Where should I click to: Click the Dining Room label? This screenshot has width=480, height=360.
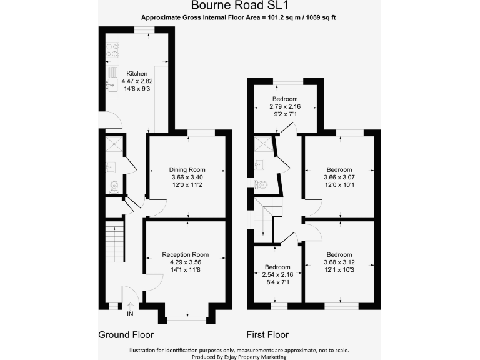point(187,169)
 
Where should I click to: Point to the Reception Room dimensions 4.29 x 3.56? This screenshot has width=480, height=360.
point(185,262)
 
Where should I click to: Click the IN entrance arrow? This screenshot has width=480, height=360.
point(131,313)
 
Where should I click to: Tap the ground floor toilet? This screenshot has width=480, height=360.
point(113,185)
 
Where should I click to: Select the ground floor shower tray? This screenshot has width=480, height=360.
point(112,145)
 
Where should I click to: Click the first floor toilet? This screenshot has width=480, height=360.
point(262,184)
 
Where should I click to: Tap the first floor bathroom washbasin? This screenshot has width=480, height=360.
point(261,164)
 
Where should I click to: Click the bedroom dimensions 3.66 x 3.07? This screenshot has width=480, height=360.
point(339,177)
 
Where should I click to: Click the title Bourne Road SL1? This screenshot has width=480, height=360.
point(240,6)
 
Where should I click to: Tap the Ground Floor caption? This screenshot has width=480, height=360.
point(126,335)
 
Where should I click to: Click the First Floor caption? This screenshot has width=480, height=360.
point(267,335)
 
